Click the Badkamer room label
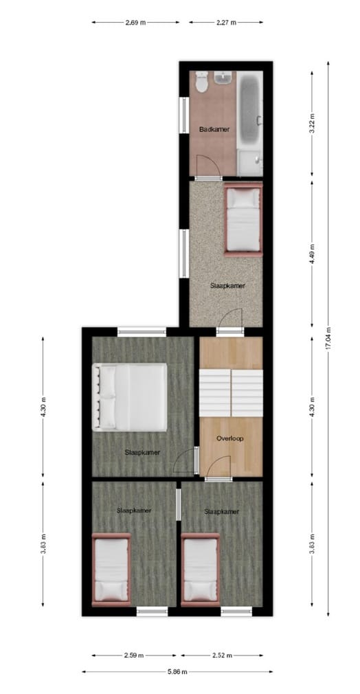(214, 129)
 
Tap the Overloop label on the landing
(229, 438)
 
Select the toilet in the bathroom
(201, 82)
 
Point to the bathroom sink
(224, 80)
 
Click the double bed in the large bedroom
(130, 398)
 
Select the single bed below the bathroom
(243, 219)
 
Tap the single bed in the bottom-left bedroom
(111, 569)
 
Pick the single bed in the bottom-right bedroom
(201, 569)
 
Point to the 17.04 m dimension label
(328, 338)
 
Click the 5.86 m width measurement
(172, 672)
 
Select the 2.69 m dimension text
(135, 23)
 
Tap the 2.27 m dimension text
(225, 23)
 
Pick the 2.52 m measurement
(220, 656)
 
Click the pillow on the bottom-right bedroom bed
(200, 590)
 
